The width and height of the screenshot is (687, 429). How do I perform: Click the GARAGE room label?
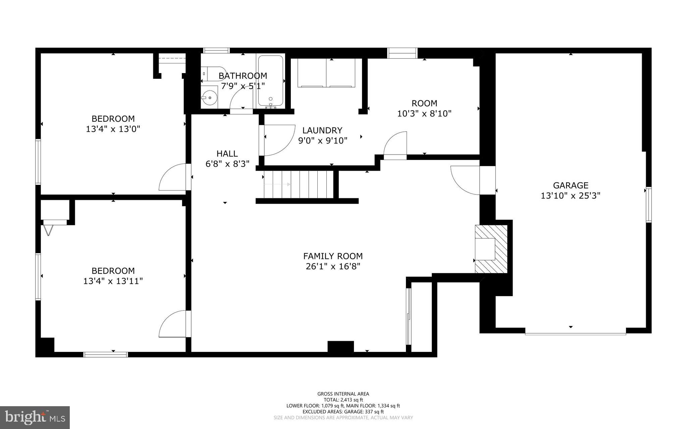[570, 185]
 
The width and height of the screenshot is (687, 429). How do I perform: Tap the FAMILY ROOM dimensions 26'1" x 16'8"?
[333, 267]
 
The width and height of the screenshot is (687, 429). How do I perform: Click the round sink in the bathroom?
[210, 97]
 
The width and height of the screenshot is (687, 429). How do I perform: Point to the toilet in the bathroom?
[211, 73]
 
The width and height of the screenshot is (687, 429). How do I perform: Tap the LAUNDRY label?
[322, 130]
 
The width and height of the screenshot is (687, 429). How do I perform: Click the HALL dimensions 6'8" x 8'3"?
[227, 164]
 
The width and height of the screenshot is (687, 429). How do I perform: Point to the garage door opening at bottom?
[575, 333]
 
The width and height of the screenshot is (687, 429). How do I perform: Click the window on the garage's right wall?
[649, 205]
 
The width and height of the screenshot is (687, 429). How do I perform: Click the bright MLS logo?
[35, 417]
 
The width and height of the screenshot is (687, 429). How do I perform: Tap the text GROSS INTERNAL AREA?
[343, 394]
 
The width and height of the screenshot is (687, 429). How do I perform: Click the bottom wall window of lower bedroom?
[106, 354]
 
